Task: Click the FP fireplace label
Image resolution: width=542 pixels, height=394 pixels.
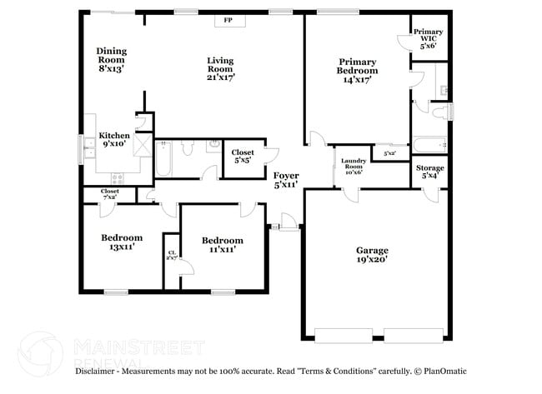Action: (227, 22)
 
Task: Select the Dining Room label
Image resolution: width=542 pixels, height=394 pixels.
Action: (110, 59)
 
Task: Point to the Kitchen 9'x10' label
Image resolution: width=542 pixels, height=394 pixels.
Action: (114, 139)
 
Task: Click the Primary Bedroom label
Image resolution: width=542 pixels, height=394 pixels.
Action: (357, 66)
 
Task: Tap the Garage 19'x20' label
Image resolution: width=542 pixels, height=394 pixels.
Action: (372, 255)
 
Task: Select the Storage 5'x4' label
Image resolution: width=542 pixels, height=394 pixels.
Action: (430, 172)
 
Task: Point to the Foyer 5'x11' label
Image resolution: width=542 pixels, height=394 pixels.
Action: (287, 180)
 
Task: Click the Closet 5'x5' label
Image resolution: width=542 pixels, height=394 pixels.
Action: (243, 157)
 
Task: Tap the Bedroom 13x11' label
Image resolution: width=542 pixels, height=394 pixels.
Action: (122, 242)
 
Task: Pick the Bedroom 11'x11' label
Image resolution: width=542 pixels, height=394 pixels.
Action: (222, 245)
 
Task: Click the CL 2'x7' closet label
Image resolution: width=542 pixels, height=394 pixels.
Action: (172, 256)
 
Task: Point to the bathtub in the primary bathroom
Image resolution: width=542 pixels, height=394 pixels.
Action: (430, 145)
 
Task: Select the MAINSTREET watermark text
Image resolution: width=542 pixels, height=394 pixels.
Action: (138, 345)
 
